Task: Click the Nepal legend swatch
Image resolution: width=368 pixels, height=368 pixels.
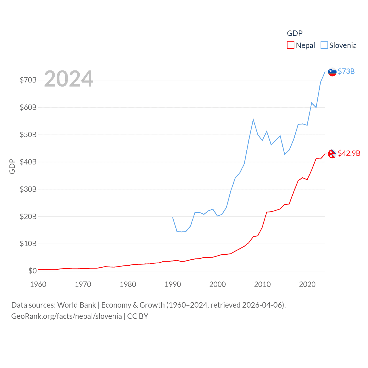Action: [290, 45]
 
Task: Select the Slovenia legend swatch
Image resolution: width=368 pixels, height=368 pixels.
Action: [324, 45]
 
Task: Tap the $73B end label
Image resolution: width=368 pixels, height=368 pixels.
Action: [346, 71]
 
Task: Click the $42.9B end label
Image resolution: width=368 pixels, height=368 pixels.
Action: [349, 153]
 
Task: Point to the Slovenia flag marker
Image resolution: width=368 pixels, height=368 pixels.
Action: [332, 72]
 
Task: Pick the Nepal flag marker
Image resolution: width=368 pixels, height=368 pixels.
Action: [332, 154]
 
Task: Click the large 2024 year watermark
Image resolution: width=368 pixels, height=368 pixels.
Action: [69, 78]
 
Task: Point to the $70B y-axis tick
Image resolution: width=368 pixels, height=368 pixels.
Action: [28, 80]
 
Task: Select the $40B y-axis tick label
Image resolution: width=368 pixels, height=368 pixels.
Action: [28, 162]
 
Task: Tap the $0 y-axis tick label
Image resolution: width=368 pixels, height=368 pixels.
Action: [32, 271]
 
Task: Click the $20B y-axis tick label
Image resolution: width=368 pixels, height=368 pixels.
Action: [28, 216]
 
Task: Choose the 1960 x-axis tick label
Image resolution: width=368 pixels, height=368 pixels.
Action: [38, 284]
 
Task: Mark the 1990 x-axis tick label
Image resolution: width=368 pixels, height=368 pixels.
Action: [173, 284]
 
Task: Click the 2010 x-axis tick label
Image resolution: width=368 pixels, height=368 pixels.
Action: [262, 284]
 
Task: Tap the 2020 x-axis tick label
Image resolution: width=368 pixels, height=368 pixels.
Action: [307, 284]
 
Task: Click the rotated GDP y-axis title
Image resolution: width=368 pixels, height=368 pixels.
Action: [12, 166]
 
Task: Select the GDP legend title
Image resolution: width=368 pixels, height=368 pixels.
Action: [295, 33]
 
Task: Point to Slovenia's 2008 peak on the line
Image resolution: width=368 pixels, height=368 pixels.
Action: [253, 119]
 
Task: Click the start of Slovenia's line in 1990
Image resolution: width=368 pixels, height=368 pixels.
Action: [172, 217]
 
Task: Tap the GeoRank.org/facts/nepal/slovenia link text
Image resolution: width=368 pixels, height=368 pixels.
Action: [66, 316]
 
